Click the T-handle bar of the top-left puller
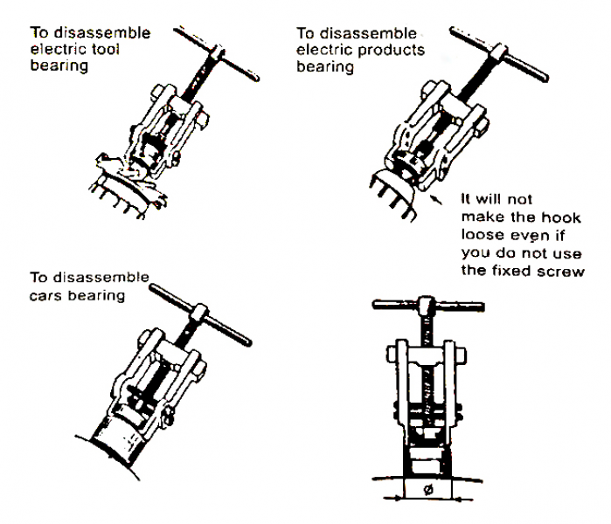point(215,54)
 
